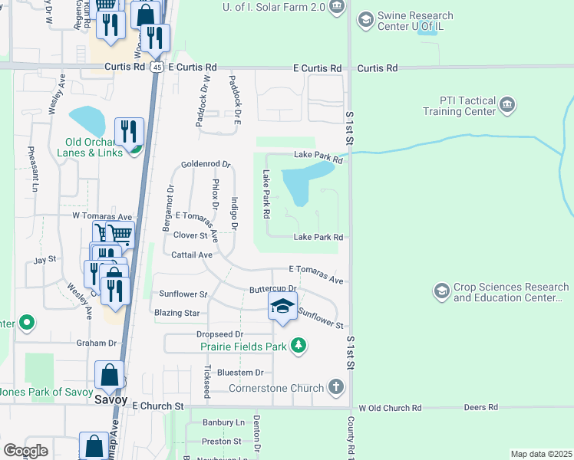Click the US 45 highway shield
[157, 67]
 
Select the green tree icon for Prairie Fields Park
[299, 347]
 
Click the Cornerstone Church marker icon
[335, 387]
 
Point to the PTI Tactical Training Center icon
[506, 104]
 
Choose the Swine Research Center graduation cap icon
[366, 19]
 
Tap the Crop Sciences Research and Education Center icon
[441, 291]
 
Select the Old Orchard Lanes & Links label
[94, 147]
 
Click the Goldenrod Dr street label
[206, 164]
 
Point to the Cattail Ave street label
[191, 255]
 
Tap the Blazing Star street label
[176, 313]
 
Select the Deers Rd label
[483, 407]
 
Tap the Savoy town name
[110, 400]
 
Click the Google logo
[25, 450]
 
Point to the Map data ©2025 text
[541, 454]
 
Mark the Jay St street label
[45, 261]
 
